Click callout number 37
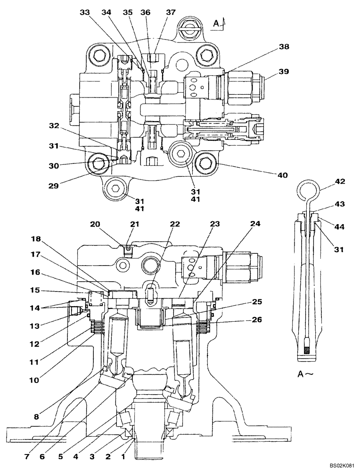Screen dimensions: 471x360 pyautogui.click(x=171, y=14)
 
